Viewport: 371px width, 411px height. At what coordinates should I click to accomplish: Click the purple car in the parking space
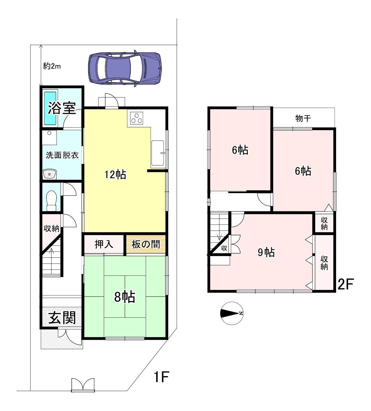pos(125,68)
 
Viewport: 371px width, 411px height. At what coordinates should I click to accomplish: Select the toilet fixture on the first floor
pos(51,201)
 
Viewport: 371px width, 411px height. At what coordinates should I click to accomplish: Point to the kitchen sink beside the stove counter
pos(158,153)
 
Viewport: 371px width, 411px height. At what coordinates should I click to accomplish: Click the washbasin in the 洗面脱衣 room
pos(50,174)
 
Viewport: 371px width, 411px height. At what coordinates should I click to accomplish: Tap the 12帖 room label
pos(115,175)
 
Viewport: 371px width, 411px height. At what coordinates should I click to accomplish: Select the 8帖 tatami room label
pos(125,297)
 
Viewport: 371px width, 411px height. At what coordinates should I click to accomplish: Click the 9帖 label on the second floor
pos(266,252)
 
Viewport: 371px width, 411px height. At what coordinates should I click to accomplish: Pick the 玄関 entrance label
pos(62,318)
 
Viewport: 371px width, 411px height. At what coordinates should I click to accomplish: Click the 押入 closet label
pos(104,244)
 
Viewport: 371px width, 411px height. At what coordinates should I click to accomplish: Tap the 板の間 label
pos(146,244)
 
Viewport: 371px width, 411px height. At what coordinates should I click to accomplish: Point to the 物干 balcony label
pos(303,118)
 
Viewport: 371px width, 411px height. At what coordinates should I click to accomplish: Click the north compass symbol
pos(232,313)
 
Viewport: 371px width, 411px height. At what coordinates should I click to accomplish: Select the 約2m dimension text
pos(52,66)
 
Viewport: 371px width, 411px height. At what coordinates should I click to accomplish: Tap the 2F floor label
pos(346,284)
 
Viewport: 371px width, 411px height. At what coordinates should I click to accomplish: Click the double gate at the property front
pos(83,385)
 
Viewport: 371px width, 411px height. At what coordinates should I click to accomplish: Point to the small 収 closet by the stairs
pos(224,248)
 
